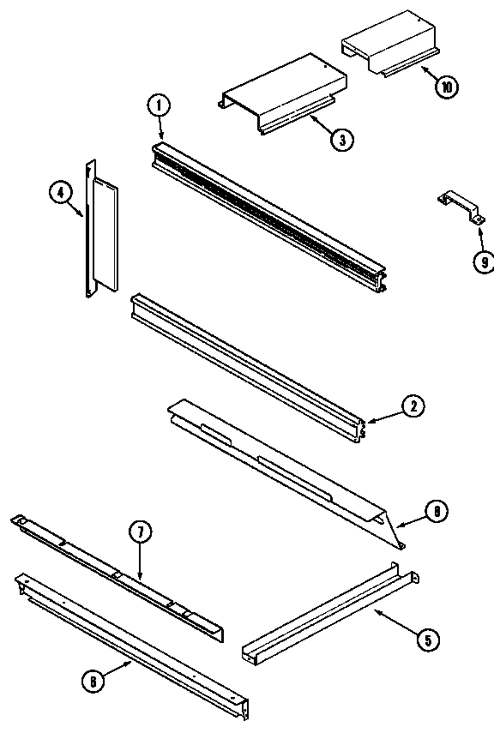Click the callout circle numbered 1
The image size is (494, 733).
[x=159, y=106]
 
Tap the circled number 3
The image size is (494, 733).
[x=341, y=140]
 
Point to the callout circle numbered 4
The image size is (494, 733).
[x=59, y=194]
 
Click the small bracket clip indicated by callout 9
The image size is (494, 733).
[x=459, y=208]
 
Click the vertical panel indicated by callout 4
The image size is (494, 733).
[x=103, y=230]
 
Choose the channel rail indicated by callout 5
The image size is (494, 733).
[x=330, y=615]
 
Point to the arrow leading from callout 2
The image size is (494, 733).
[x=384, y=416]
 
